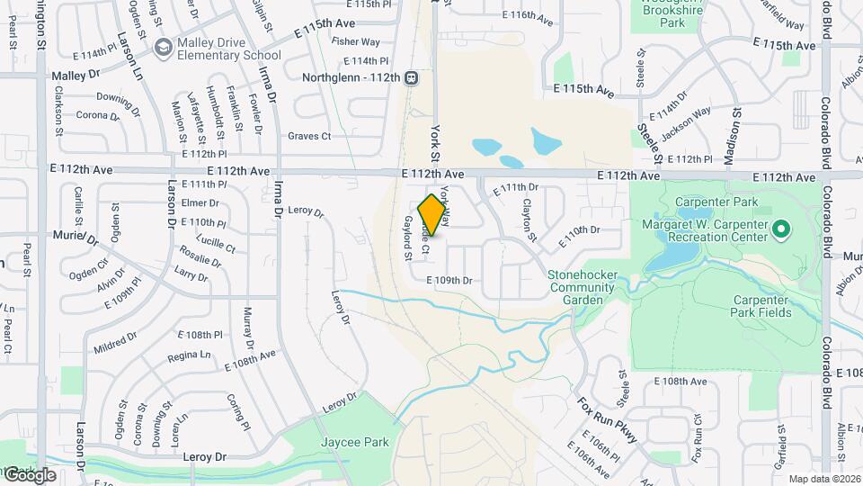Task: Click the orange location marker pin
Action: tap(432, 214)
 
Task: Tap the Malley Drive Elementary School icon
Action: tap(163, 47)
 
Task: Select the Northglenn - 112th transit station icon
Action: tap(412, 78)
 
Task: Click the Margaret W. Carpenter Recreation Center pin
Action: tap(781, 229)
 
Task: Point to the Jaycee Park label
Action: tap(355, 442)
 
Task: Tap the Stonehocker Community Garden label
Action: tap(582, 288)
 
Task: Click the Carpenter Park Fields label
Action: tap(761, 306)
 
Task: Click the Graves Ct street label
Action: tap(309, 136)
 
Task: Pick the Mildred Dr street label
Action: tap(114, 342)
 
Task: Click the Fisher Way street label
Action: tap(355, 41)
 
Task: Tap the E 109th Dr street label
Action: tap(449, 280)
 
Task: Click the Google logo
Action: tap(29, 475)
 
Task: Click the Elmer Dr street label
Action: tap(200, 203)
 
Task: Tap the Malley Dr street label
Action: tap(75, 76)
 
